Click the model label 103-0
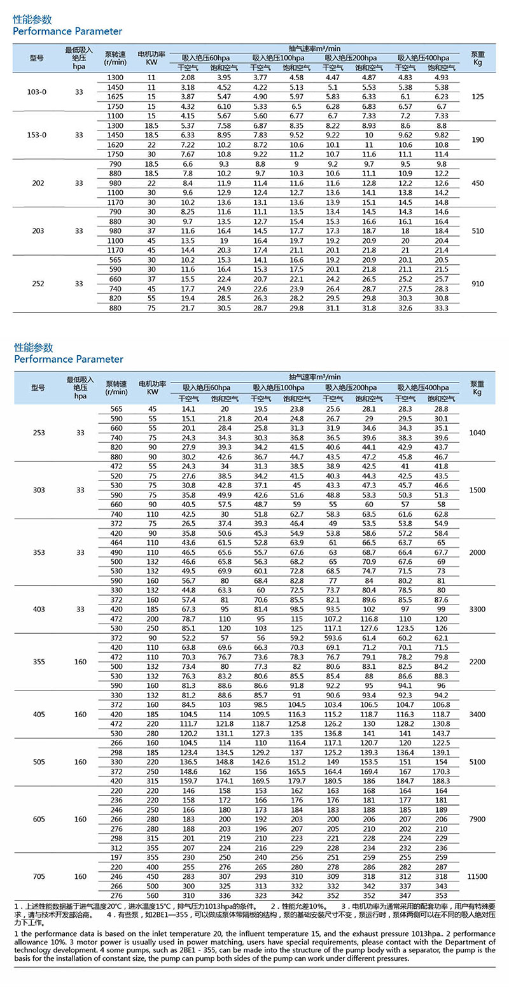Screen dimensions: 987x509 [x=37, y=92]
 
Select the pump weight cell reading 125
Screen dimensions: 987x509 [x=478, y=97]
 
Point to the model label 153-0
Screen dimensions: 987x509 [x=37, y=135]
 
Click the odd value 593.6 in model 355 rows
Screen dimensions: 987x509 [x=333, y=638]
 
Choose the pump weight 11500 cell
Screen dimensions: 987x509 [x=478, y=876]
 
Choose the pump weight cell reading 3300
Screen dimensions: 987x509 [x=478, y=609]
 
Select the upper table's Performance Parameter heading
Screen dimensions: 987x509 [x=67, y=31]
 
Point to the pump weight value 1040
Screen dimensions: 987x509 [x=478, y=433]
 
